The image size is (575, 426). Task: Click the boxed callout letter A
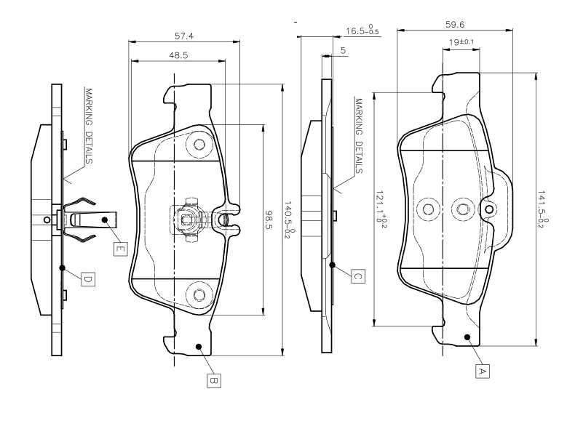tap(483, 371)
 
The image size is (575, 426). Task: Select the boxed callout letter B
tap(214, 380)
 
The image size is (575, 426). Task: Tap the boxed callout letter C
tap(358, 276)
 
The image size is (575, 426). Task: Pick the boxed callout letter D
tap(87, 279)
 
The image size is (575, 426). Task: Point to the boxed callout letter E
tap(120, 249)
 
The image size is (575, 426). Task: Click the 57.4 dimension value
tap(184, 36)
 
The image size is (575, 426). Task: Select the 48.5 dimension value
tap(178, 55)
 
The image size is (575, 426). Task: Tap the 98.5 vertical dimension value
tap(269, 220)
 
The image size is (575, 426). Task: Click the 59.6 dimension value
tap(455, 25)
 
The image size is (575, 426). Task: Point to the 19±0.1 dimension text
tap(461, 41)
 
